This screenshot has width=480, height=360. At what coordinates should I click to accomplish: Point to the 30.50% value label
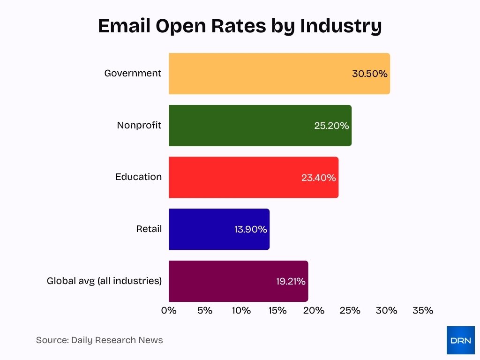tap(370, 74)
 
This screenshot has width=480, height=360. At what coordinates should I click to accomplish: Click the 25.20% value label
tap(331, 126)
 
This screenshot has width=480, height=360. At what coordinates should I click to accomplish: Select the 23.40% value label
tap(319, 178)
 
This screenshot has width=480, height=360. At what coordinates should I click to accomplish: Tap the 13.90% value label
tap(250, 229)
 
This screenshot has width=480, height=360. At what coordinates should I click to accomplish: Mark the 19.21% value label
tap(291, 281)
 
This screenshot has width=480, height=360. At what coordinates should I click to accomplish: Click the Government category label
tap(133, 73)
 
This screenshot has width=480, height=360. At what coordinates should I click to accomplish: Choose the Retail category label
tap(149, 229)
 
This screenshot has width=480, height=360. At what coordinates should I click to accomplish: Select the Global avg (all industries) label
tap(104, 281)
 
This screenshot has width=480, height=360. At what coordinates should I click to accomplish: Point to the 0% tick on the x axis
tap(169, 310)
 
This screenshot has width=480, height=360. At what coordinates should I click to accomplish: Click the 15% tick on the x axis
tap(277, 310)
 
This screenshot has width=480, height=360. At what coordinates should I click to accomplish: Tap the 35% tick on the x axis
tap(423, 310)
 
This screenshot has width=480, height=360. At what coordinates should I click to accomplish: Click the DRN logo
tap(460, 340)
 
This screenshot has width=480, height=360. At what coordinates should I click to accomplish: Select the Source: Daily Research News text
tap(99, 340)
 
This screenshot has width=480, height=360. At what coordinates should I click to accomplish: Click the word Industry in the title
tap(341, 26)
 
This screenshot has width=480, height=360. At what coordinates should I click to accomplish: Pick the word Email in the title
tap(123, 26)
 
